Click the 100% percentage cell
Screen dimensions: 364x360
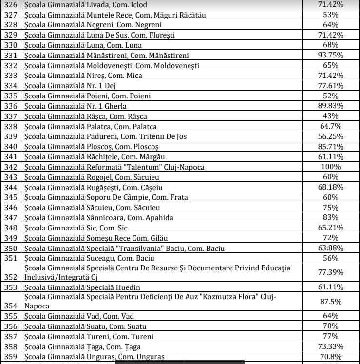click(x=331, y=167)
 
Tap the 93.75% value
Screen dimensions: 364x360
click(x=331, y=55)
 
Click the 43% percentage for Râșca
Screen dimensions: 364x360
click(x=331, y=116)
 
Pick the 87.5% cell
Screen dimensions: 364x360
click(x=331, y=301)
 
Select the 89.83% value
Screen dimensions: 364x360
click(x=331, y=106)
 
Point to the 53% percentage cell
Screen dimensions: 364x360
click(x=331, y=15)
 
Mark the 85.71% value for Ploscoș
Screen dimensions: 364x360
click(x=331, y=146)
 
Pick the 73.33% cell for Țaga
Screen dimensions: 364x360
click(x=331, y=346)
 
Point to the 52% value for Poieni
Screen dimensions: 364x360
click(x=331, y=96)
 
